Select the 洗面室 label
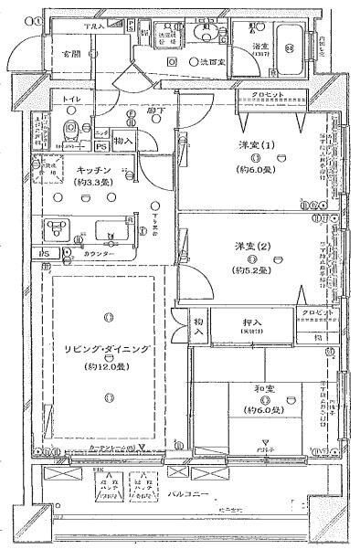211,60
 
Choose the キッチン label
94,170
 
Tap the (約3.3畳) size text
94,184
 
